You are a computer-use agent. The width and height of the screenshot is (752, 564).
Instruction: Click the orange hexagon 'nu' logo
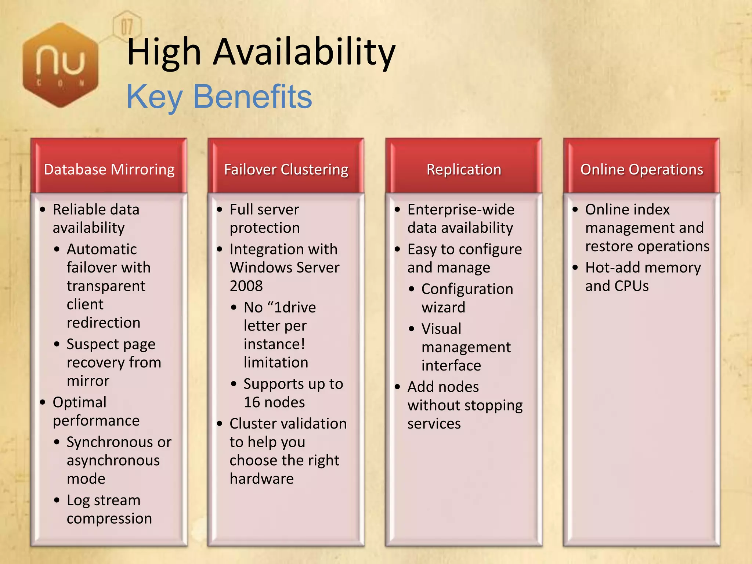(61, 65)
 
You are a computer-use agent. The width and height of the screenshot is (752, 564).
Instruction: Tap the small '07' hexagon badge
(127, 26)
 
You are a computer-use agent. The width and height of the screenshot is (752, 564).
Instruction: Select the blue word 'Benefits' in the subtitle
(252, 97)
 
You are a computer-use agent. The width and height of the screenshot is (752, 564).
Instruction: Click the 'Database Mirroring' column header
(109, 170)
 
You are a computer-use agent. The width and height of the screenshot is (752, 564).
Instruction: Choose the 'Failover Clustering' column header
(286, 170)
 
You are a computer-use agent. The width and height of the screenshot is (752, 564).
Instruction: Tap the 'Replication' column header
(464, 170)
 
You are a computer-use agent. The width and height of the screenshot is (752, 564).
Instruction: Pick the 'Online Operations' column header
(641, 170)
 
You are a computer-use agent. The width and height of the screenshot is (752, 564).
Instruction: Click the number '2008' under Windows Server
(246, 286)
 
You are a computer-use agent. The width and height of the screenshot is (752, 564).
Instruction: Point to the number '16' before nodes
(252, 402)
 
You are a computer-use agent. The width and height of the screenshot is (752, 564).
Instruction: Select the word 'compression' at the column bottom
(109, 518)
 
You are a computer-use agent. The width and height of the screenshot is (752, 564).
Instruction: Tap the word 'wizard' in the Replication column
(443, 307)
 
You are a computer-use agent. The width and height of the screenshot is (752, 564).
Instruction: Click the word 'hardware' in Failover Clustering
(261, 479)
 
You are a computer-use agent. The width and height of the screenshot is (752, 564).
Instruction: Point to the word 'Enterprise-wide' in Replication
(461, 210)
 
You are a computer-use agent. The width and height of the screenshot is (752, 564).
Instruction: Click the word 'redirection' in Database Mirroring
(104, 323)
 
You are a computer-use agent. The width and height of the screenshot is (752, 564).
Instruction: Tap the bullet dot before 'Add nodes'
(397, 387)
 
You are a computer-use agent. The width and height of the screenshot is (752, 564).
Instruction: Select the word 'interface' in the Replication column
(451, 366)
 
